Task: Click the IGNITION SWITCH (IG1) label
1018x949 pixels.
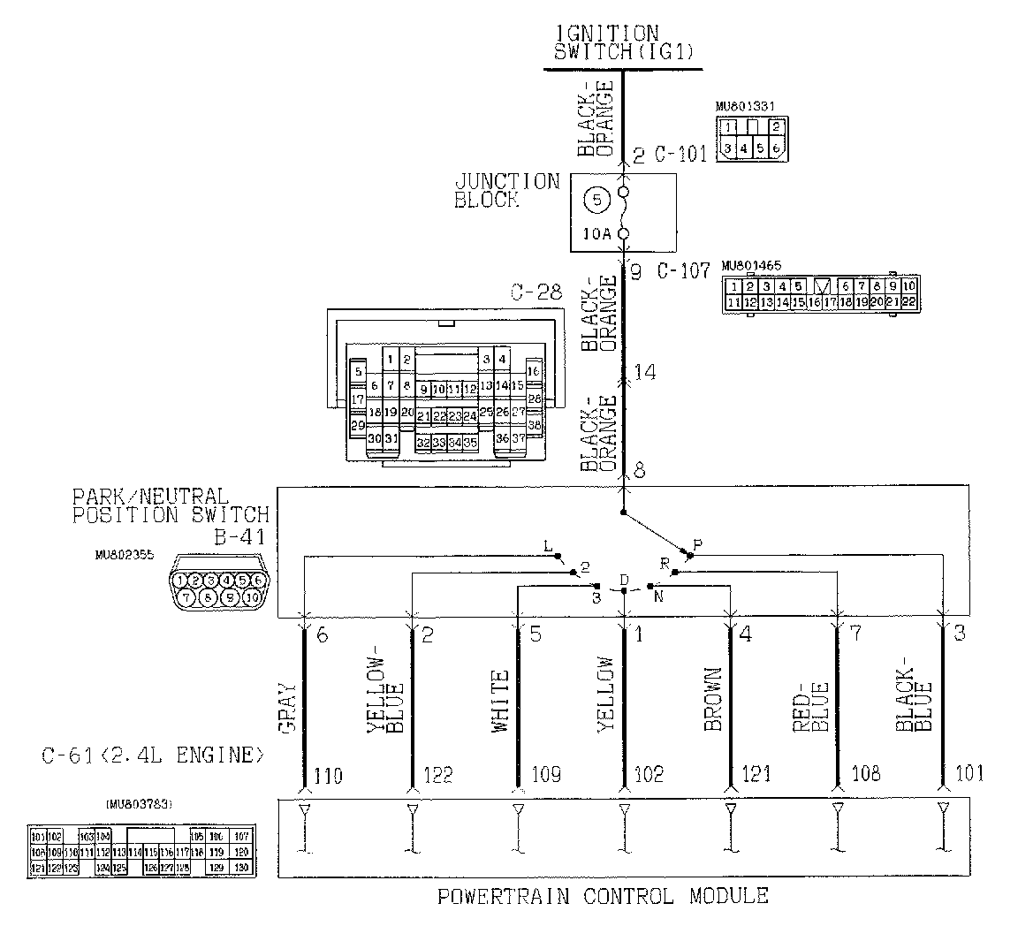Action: coord(623,42)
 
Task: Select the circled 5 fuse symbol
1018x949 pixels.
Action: coord(596,200)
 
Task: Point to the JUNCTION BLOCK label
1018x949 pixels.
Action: coord(506,191)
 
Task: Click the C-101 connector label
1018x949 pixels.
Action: coord(681,156)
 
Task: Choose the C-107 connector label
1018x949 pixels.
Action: coord(683,271)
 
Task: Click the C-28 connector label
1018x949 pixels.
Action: coord(534,292)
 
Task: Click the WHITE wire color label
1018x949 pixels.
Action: coord(501,702)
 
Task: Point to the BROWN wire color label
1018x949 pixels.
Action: coord(713,699)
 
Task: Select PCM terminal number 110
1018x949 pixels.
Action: coord(323,776)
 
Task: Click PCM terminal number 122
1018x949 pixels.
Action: coord(437,776)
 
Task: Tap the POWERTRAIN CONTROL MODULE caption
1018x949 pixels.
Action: coord(603,896)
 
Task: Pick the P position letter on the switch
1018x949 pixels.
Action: coord(696,546)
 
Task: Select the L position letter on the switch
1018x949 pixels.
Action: coord(548,548)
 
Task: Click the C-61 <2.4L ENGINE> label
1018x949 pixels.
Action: coord(153,755)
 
